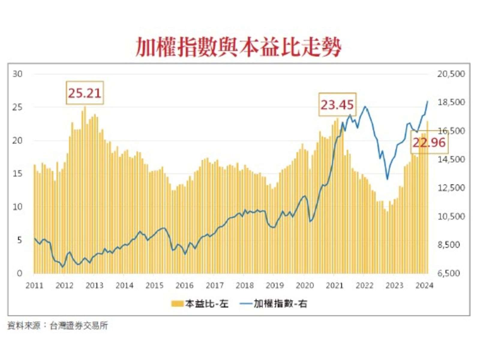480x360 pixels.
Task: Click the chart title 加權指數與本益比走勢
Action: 239,47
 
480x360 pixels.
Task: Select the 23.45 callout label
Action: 337,106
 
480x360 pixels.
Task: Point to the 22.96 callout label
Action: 428,143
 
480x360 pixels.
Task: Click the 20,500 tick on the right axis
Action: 452,74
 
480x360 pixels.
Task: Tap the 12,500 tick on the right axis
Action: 452,188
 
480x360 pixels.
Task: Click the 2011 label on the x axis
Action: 34,286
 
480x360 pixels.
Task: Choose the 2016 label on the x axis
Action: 184,286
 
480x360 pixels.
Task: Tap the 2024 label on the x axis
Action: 425,286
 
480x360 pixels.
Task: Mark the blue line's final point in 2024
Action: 427,101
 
